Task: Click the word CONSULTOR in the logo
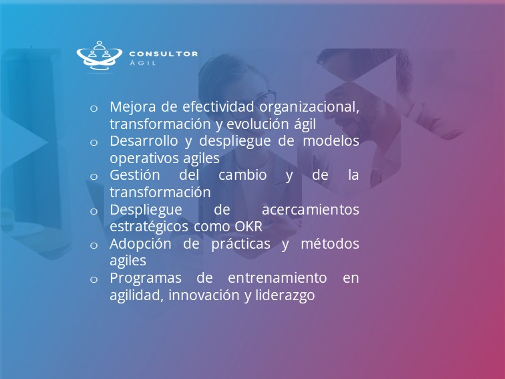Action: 163,54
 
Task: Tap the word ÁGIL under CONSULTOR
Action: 143,63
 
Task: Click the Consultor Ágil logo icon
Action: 99,55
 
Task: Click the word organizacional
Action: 309,108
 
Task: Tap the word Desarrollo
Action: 144,141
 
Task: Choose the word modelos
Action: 331,141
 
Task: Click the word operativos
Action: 145,158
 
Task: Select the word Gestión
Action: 135,175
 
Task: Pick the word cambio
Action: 242,175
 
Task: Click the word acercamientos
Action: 311,210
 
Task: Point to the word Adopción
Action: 140,244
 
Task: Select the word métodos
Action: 330,243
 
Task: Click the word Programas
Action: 146,279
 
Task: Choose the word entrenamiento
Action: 277,278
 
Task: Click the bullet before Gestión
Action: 94,176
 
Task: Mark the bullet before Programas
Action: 94,279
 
